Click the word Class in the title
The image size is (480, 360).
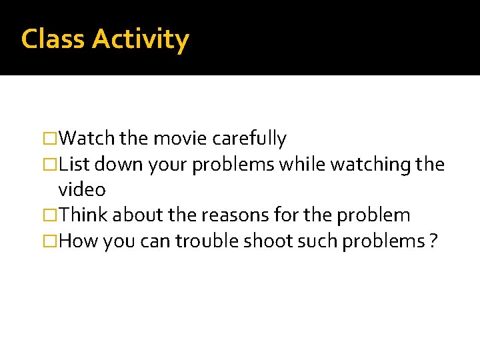54,39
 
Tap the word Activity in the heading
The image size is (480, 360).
141,40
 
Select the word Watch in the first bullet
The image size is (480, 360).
87,139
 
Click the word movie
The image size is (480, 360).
180,139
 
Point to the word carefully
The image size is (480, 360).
249,139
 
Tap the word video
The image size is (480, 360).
81,190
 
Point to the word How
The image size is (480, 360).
78,241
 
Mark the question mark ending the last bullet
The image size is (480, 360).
433,241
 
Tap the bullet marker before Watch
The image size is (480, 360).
50,139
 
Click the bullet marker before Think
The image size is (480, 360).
50,215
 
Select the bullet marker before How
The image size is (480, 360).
50,241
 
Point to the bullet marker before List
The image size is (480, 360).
50,164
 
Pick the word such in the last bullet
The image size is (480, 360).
318,241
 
